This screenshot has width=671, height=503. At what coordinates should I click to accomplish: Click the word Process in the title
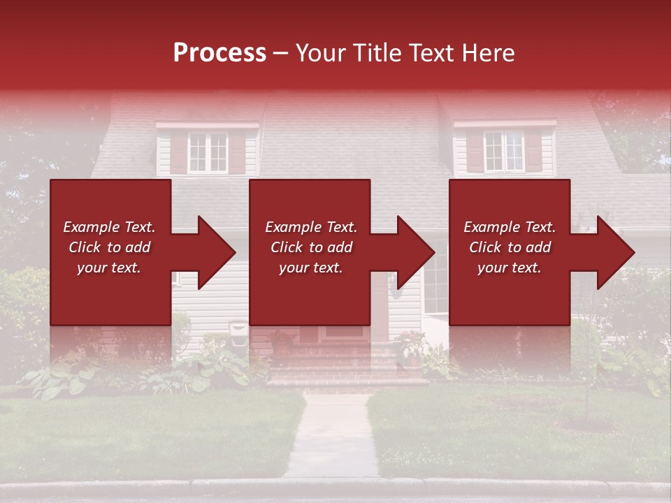[x=219, y=52]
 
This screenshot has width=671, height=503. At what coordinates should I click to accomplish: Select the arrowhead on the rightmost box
[x=612, y=252]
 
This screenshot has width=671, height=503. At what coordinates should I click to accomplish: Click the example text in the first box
[x=110, y=247]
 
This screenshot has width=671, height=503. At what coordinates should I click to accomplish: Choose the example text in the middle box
[x=310, y=247]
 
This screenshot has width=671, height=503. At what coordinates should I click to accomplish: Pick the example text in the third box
[x=510, y=247]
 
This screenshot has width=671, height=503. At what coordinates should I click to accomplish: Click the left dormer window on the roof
[x=208, y=152]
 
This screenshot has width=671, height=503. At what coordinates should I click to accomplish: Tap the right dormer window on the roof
[x=504, y=151]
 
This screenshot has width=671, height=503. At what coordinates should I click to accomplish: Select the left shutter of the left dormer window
[x=178, y=153]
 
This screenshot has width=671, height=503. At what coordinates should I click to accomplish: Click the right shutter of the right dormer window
[x=534, y=150]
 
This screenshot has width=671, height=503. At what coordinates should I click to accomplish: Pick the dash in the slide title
[x=280, y=54]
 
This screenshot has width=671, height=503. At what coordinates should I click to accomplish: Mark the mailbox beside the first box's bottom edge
[x=238, y=327]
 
